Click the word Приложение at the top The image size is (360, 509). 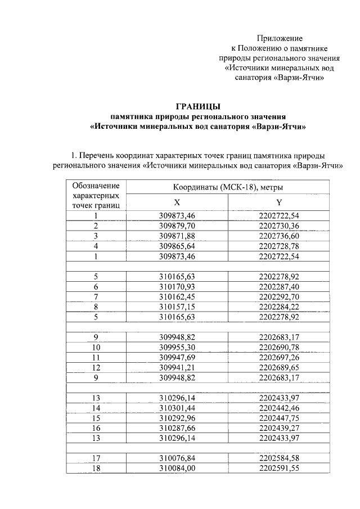point(280,38)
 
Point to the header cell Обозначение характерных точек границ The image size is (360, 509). point(96,196)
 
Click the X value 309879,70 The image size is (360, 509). point(177,226)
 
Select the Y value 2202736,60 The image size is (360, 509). point(279,236)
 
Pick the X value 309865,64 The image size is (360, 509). point(177,246)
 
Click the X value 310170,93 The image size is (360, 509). point(177,286)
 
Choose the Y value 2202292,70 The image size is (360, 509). point(279,296)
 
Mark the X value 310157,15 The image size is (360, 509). point(177,307)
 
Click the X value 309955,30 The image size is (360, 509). point(177,347)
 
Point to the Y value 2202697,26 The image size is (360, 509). point(279,357)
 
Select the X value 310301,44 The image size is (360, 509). point(177,408)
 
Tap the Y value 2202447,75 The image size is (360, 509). point(279,418)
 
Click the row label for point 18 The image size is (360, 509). point(96,469)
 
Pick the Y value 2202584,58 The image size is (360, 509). point(279,458)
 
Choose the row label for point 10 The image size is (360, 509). point(96,347)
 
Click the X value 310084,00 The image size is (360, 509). point(177,469)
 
